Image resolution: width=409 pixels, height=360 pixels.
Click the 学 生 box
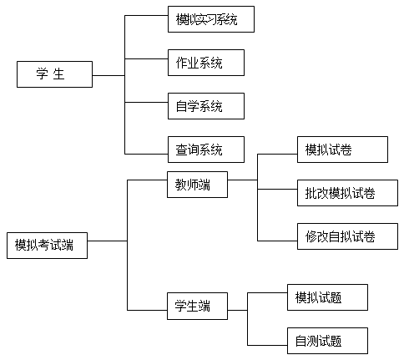pos(54,74)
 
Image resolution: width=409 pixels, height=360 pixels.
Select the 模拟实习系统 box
pos(211,19)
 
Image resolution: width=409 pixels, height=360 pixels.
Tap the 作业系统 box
pos(206,63)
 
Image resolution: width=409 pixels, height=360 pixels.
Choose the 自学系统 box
pos(206,106)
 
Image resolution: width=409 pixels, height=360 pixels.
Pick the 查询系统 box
pos(206,150)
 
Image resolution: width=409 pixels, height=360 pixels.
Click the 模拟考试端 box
pos(47,246)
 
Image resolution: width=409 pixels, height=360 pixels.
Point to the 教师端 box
pos(197,185)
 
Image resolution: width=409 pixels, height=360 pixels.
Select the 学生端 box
pos(197,306)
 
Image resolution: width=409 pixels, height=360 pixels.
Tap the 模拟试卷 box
pos(342,150)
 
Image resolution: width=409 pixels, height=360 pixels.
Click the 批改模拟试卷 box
pos(347,193)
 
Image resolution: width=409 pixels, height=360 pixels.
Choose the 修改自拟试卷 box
pos(347,236)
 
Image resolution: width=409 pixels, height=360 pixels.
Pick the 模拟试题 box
pos(327,297)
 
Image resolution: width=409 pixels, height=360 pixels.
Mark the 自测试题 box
pos(327,341)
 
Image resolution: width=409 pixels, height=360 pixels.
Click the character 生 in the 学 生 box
pos(58,74)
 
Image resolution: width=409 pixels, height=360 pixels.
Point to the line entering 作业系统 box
pos(146,58)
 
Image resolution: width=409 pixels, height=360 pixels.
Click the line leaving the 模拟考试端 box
pos(108,241)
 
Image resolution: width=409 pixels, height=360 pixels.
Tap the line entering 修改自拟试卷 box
pos(277,241)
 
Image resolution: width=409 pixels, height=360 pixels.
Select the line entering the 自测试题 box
pos(267,345)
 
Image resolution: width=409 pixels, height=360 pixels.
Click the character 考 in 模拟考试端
pos(44,245)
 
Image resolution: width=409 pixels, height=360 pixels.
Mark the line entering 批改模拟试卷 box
pos(277,189)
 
